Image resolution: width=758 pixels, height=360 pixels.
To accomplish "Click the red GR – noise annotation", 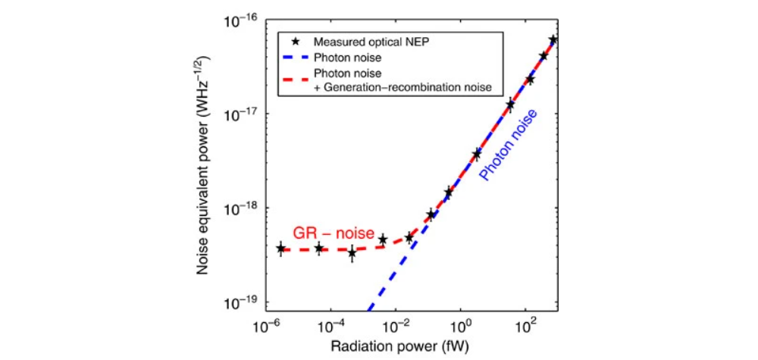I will [x=324, y=232].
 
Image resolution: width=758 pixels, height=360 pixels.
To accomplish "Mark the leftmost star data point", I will [x=281, y=249].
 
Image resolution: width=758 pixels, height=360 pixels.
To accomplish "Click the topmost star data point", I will [x=553, y=39].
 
